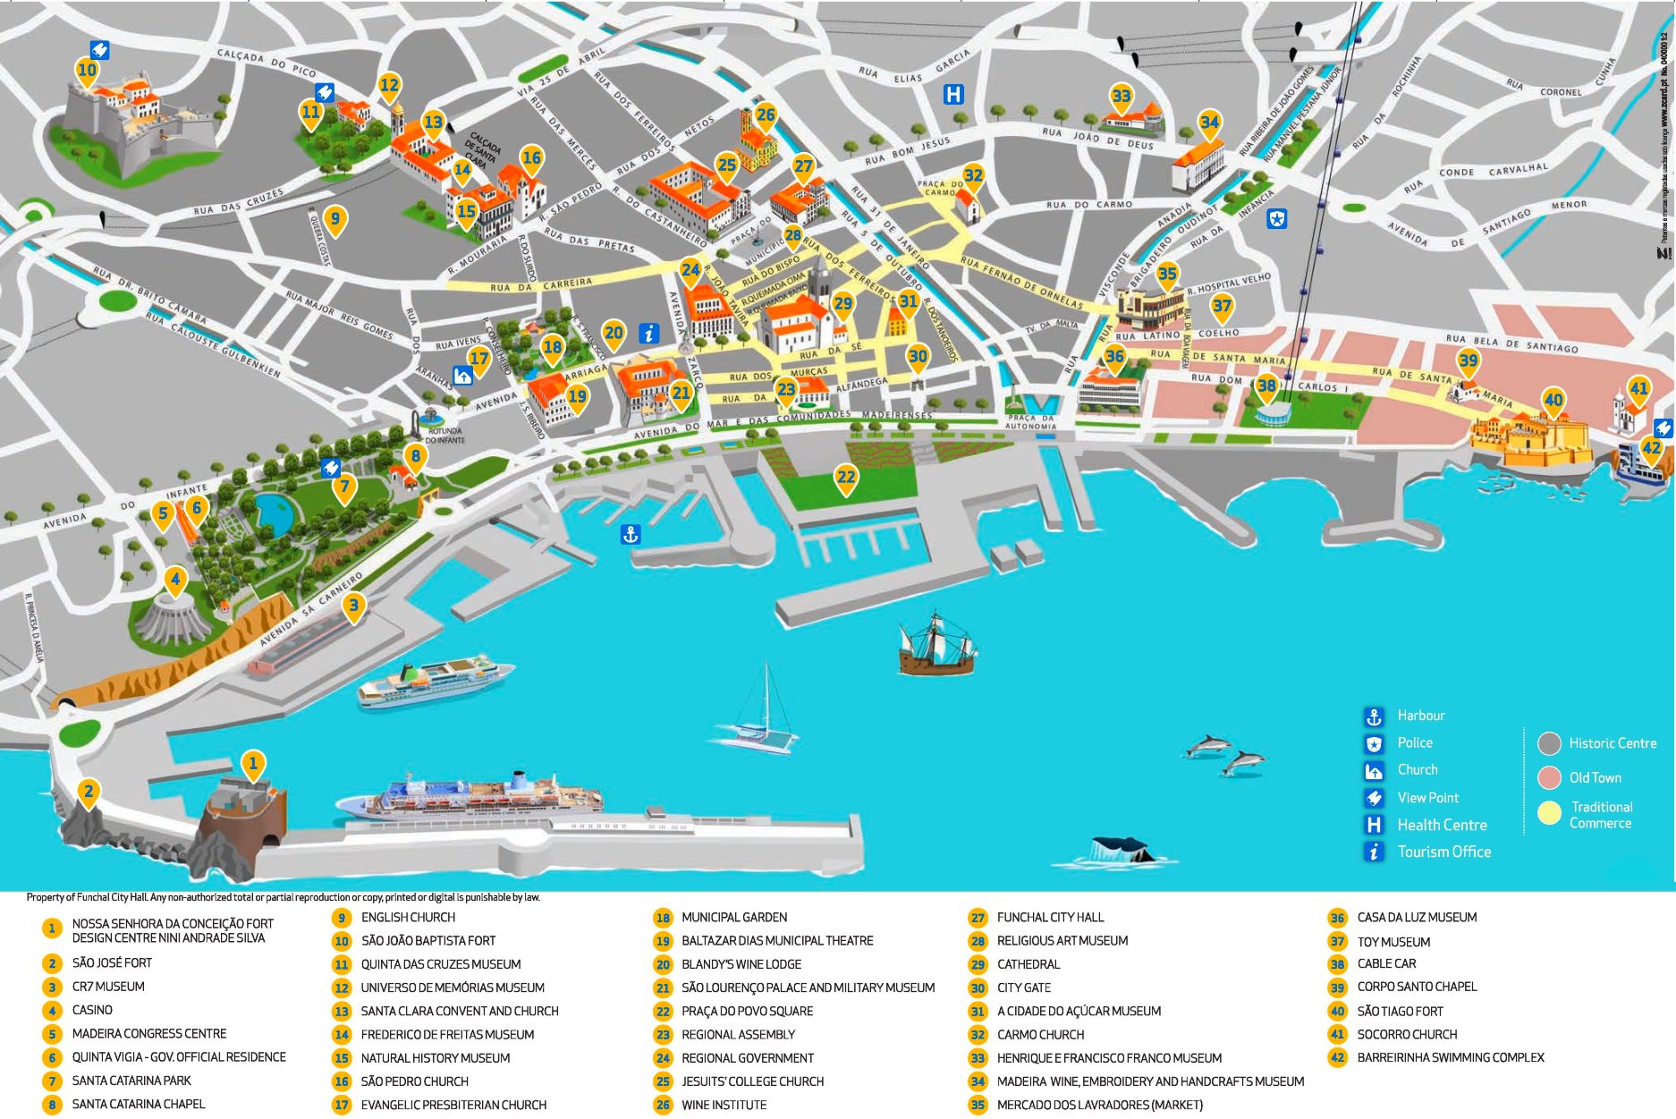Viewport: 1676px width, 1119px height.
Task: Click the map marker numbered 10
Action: (87, 71)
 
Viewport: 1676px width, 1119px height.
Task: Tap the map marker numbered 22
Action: (846, 478)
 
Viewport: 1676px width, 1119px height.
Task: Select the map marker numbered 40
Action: (1553, 401)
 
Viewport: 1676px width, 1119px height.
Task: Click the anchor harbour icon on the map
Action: (631, 535)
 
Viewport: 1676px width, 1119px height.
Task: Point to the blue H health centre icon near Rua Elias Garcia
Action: (954, 93)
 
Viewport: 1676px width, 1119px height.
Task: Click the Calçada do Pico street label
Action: (267, 62)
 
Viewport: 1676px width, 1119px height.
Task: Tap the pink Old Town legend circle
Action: (1550, 777)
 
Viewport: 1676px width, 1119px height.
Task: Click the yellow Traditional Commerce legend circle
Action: (1550, 813)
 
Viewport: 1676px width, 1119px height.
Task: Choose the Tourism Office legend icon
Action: (1375, 852)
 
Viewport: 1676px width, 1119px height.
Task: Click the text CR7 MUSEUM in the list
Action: (108, 987)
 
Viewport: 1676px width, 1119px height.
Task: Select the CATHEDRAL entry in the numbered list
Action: (1028, 964)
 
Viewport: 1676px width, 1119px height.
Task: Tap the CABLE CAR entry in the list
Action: (1386, 963)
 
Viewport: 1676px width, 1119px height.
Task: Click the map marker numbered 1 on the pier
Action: (253, 764)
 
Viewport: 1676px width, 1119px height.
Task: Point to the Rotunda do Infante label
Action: (444, 436)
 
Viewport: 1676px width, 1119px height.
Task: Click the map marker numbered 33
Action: (1121, 97)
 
